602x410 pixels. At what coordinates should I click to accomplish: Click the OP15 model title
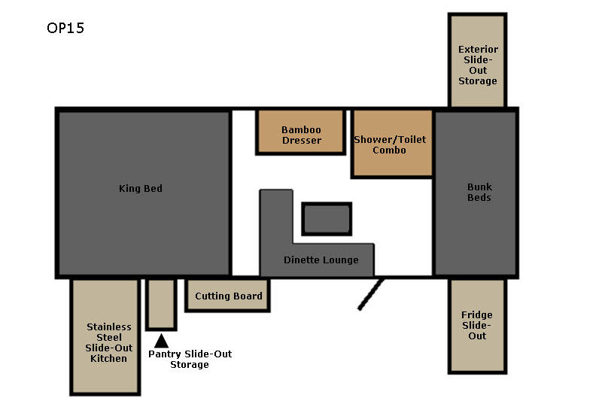click(65, 28)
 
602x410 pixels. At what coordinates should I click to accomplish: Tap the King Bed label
click(141, 188)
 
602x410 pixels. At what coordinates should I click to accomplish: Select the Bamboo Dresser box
click(300, 132)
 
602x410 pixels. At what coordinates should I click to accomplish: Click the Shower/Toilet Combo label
click(390, 144)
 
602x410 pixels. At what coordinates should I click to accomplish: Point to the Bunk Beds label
click(479, 192)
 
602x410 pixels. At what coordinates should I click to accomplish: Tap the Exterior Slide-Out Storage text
click(478, 65)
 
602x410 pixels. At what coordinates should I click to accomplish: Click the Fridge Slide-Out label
click(477, 325)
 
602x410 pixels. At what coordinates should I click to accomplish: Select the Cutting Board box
click(228, 295)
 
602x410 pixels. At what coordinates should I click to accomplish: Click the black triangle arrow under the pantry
click(161, 341)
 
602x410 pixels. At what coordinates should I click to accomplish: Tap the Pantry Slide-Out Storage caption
click(190, 359)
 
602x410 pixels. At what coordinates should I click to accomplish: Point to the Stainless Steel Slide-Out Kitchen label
click(108, 342)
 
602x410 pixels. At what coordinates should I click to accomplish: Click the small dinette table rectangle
click(327, 219)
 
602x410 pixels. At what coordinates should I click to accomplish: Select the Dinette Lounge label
click(321, 260)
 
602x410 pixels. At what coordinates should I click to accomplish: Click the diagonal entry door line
click(370, 294)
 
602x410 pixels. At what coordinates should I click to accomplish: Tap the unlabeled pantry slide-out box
click(161, 304)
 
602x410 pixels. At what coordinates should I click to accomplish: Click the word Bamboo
click(301, 129)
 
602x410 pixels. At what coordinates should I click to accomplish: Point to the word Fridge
click(477, 315)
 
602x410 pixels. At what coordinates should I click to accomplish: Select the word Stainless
click(109, 326)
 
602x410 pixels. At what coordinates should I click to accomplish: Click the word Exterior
click(478, 49)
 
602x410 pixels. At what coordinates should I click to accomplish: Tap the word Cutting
click(210, 296)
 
